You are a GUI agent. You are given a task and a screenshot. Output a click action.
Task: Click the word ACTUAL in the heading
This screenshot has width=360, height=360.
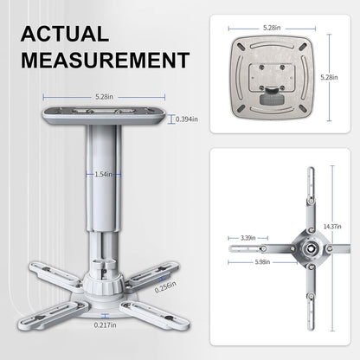coord(65,35)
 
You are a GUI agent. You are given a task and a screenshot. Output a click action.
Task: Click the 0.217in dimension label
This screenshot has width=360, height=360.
coord(105,325)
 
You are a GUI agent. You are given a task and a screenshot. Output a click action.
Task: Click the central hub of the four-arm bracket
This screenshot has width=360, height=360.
coord(306,250)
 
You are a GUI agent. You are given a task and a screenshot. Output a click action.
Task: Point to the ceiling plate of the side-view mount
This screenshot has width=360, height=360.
coord(106,116)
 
